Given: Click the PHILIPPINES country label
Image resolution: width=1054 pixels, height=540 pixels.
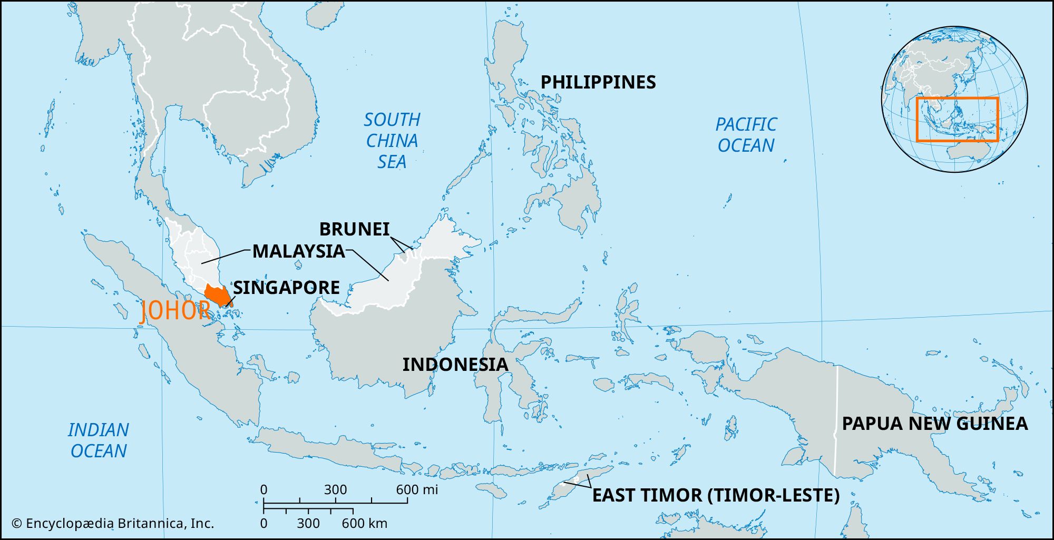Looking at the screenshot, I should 598,82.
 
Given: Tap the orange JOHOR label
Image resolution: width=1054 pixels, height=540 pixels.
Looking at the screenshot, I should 175,311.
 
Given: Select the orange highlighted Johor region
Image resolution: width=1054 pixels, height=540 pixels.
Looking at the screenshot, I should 216,295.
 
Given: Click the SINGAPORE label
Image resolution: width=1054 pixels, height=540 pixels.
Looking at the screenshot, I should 286,288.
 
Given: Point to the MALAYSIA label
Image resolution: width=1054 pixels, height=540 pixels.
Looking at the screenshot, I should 298,251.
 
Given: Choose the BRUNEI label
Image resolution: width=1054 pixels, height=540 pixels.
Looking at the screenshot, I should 354,229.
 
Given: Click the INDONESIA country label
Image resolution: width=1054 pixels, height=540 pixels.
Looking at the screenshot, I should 455,365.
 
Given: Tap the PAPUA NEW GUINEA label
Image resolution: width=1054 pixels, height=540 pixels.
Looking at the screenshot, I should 934,424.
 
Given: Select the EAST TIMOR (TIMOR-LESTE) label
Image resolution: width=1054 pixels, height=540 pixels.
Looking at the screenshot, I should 716,495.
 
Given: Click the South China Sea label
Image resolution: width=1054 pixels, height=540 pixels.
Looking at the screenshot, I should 392,141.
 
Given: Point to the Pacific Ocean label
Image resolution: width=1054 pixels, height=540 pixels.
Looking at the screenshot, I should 746,135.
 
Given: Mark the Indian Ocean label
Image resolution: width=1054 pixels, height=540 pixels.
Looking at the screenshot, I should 98,440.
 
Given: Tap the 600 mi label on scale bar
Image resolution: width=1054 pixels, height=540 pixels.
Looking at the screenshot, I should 417,490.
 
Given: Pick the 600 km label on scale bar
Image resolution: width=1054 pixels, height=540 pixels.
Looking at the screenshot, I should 364,524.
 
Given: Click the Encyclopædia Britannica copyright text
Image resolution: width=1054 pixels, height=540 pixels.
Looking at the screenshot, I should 113,524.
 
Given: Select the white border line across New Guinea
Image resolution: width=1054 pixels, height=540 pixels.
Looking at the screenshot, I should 836,421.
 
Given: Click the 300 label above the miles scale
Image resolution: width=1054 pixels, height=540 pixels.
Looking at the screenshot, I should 335,490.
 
